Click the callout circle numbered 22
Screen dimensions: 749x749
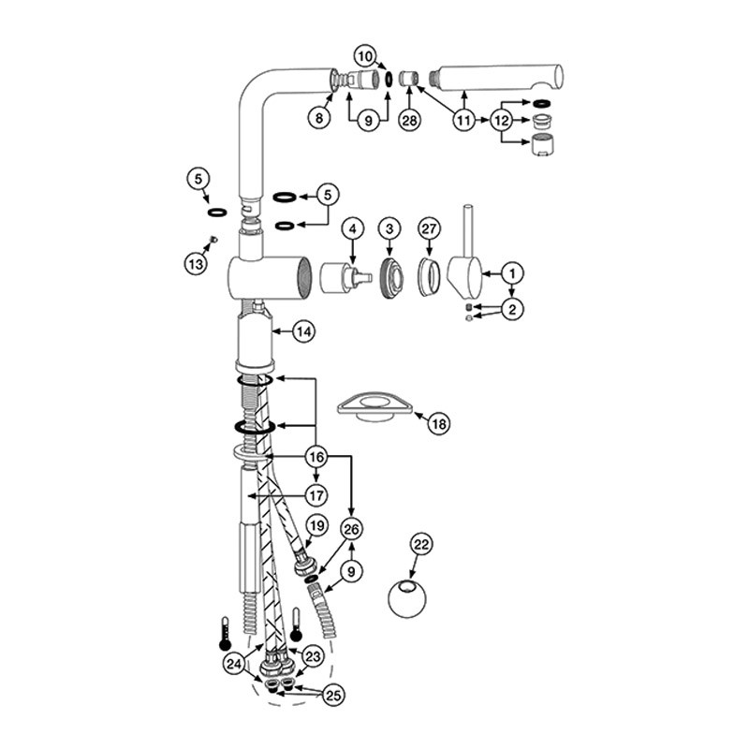421,545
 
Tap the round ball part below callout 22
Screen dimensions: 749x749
407,598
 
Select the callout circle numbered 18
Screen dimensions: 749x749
439,423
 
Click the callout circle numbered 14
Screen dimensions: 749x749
303,331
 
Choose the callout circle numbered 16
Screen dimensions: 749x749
316,457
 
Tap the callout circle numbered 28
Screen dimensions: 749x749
410,120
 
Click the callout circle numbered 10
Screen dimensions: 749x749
365,56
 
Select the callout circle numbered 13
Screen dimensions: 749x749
197,264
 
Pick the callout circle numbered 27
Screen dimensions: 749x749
429,228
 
